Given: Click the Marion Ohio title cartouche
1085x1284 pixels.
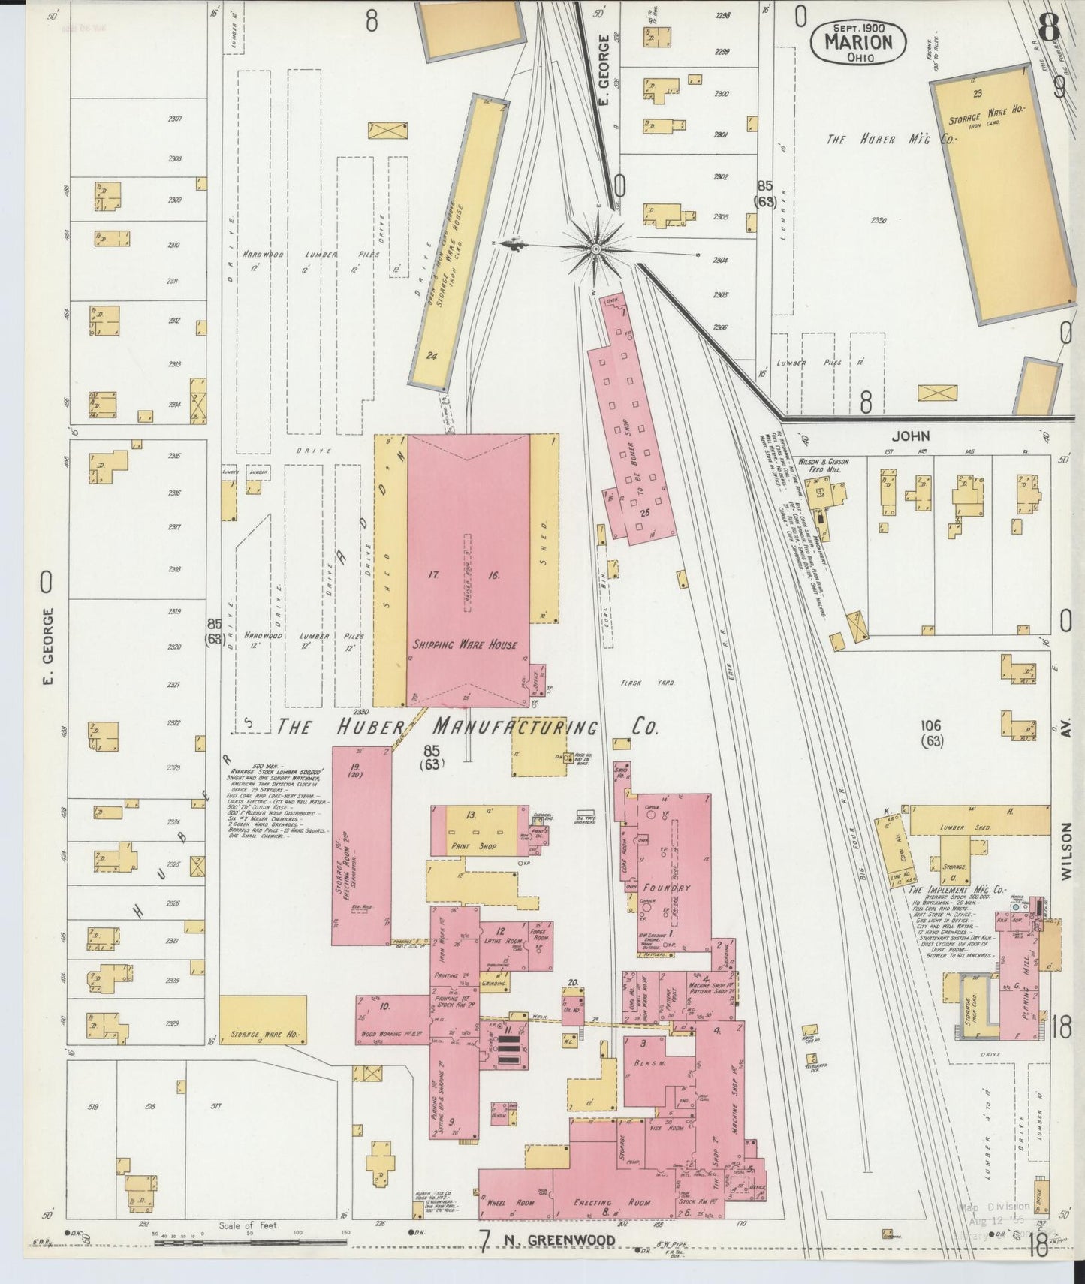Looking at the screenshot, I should (x=858, y=43).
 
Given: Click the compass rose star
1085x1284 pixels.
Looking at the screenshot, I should (x=595, y=246).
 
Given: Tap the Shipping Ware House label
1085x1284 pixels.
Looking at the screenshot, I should (x=464, y=644).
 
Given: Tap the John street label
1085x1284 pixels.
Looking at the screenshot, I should (x=910, y=436).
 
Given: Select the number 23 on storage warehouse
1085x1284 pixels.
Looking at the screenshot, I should (x=977, y=94).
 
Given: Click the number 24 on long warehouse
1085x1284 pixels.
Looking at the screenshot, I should (x=431, y=356).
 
